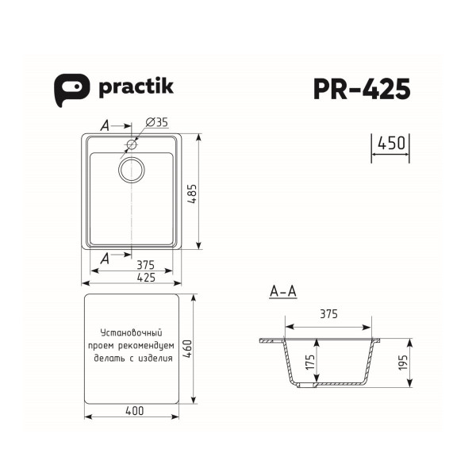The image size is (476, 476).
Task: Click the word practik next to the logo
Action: pyautogui.click(x=136, y=87)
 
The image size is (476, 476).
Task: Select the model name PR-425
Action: pyautogui.click(x=361, y=89)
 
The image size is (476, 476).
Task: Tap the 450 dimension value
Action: pyautogui.click(x=391, y=144)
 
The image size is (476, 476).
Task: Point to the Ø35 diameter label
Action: pyautogui.click(x=156, y=122)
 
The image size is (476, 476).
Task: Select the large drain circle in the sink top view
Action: pyautogui.click(x=132, y=169)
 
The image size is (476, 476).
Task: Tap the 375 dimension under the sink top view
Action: pyautogui.click(x=144, y=265)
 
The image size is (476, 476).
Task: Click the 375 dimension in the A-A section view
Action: pyautogui.click(x=328, y=314)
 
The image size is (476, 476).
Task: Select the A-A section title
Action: pyautogui.click(x=283, y=293)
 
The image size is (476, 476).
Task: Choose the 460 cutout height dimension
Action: pyautogui.click(x=187, y=349)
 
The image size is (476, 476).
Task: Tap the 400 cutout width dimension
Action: pyautogui.click(x=134, y=410)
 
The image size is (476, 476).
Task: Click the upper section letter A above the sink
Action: pyautogui.click(x=106, y=125)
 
